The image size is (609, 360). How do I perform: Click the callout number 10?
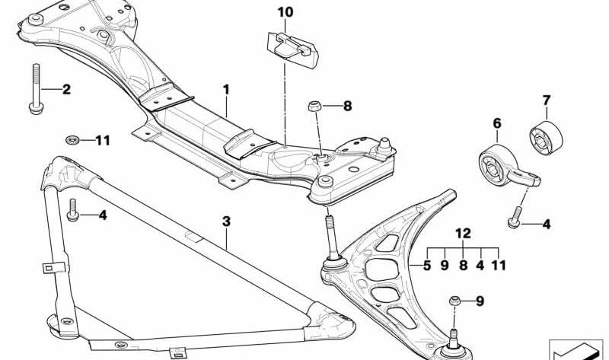pos(285,12)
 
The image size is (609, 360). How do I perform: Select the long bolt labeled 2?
pos(35,88)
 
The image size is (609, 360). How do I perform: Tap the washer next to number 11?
pos(72,139)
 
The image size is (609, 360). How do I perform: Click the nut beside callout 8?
pos(314,106)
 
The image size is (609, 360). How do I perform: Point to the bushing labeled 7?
pos(546,138)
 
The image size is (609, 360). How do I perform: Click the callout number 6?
pos(497,123)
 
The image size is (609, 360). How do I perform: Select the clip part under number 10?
pos(293,49)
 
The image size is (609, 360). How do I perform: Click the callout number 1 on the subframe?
pos(226,90)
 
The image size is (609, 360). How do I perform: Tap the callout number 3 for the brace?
pos(226,221)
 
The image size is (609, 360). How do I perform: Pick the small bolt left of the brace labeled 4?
pos(72,210)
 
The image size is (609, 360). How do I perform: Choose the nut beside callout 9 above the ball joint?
pos(455,300)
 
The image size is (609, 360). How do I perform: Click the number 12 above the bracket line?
pos(463,233)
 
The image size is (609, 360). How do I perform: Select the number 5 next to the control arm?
pos(427,266)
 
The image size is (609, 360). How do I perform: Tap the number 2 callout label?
pos(66,89)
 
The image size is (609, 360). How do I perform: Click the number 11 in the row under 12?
pos(499,266)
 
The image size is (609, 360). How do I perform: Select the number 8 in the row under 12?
pos(463,266)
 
